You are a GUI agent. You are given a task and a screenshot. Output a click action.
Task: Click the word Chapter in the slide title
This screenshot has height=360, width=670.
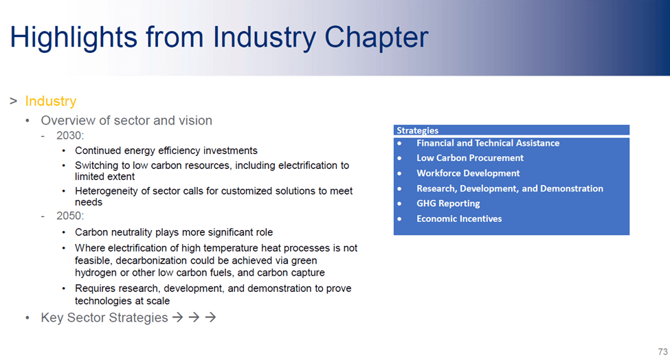(x=377, y=38)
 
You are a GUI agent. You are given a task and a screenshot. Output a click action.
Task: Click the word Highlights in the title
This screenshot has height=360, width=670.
(x=74, y=38)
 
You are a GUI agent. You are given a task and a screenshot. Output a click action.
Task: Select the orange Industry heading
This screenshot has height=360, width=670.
(x=51, y=101)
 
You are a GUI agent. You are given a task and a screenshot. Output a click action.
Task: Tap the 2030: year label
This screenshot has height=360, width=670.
(x=70, y=135)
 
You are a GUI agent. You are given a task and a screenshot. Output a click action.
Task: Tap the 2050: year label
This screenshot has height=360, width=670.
(x=70, y=216)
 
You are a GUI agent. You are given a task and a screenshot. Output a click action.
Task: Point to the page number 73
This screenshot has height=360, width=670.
(x=662, y=352)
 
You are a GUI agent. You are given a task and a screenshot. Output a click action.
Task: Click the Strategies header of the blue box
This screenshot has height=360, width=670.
(x=418, y=131)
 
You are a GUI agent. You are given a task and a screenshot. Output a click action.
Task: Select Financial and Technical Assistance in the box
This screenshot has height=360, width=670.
(x=488, y=143)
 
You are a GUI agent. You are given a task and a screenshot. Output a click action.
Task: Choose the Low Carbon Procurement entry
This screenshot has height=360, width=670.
(x=470, y=158)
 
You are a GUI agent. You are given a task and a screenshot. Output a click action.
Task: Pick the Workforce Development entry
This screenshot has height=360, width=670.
(x=469, y=173)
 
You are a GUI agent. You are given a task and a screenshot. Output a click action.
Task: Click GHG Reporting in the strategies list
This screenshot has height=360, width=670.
(x=448, y=203)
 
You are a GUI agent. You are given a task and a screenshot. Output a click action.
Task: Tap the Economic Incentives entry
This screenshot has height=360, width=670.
(x=459, y=218)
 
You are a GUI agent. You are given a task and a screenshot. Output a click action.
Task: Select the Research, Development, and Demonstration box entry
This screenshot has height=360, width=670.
(x=510, y=188)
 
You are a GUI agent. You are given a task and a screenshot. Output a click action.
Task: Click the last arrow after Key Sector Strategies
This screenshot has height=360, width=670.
(x=210, y=317)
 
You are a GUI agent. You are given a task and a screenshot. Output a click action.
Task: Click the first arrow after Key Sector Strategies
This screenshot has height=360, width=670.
(x=178, y=317)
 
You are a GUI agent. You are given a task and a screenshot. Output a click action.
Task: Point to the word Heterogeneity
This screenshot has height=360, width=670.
(x=107, y=191)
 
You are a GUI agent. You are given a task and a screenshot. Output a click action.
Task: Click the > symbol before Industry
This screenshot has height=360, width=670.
(x=13, y=101)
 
